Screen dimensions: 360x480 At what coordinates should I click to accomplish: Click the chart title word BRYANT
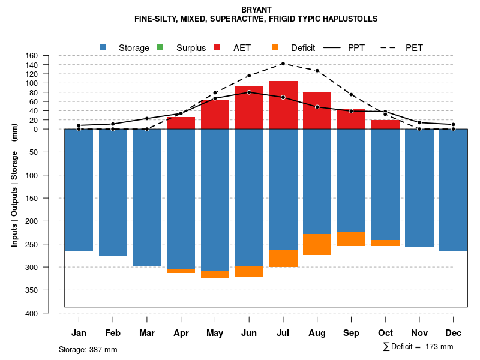(256, 10)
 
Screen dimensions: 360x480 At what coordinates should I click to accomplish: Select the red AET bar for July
(283, 105)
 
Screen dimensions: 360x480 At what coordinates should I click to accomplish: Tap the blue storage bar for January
(79, 190)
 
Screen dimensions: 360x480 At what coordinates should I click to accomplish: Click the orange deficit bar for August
(317, 244)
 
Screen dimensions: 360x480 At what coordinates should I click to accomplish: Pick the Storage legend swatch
(103, 47)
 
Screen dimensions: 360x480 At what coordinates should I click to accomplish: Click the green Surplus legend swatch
(160, 47)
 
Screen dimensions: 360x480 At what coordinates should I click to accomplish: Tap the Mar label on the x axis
(146, 333)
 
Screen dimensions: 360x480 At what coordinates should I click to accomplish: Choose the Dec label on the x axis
(453, 333)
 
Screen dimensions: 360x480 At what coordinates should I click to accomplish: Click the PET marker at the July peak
(283, 64)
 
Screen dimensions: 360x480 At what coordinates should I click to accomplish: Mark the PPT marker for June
(249, 92)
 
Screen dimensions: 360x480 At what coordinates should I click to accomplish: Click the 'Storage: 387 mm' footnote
(88, 349)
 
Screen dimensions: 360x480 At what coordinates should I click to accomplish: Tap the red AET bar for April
(181, 123)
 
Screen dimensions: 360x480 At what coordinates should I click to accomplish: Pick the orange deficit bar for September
(351, 239)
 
